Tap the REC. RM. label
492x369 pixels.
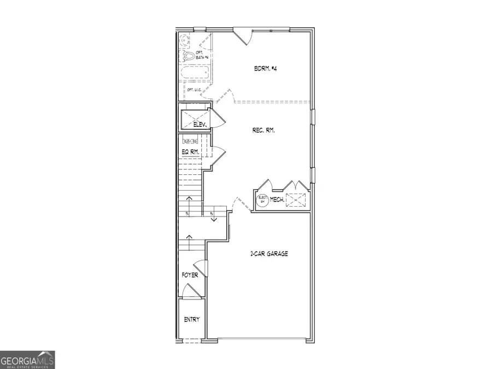(x=263, y=130)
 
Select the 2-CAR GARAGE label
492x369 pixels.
(x=269, y=254)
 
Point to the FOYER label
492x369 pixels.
(x=190, y=275)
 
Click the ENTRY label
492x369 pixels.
(x=191, y=320)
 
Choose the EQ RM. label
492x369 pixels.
(x=190, y=152)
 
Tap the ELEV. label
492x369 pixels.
(x=200, y=125)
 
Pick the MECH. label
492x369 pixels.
(x=277, y=201)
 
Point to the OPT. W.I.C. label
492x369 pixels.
(x=195, y=90)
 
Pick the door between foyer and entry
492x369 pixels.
(x=190, y=291)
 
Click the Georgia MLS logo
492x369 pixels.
(x=27, y=360)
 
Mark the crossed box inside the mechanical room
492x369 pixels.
(x=298, y=200)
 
